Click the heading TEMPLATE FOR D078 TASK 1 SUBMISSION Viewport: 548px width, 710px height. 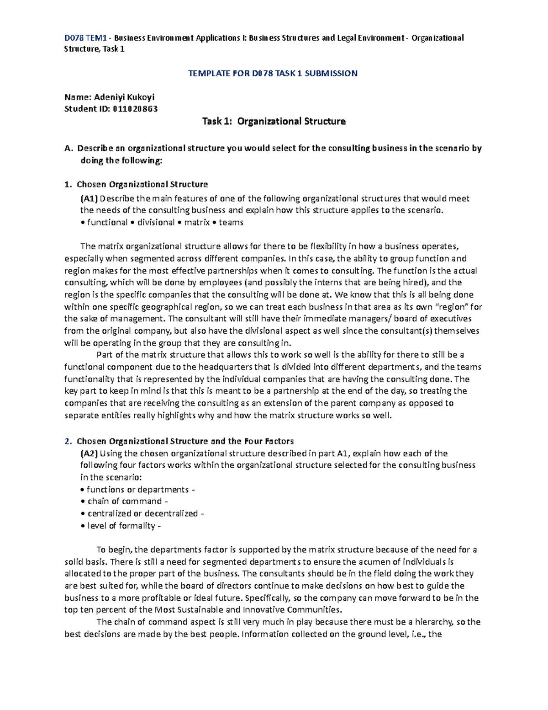click(x=273, y=73)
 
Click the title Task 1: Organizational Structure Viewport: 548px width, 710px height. click(x=274, y=121)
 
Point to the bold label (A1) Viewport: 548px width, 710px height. click(x=89, y=198)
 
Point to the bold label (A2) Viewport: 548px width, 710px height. click(x=89, y=454)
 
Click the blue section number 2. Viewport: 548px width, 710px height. click(x=68, y=441)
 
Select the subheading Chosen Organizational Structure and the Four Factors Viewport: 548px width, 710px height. click(x=185, y=441)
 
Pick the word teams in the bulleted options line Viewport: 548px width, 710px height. click(x=231, y=223)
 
